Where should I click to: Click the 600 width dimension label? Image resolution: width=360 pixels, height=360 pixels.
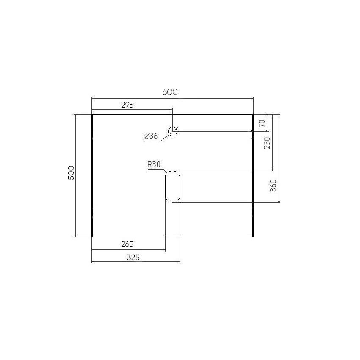(x=170, y=92)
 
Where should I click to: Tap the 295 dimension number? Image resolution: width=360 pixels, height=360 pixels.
(x=127, y=105)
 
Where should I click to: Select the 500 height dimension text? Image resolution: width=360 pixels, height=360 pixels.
(x=72, y=173)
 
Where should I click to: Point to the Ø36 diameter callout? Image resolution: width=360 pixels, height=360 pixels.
(x=151, y=136)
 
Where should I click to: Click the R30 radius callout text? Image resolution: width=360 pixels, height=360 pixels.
(x=154, y=164)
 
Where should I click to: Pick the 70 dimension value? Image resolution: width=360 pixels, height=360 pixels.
(x=262, y=123)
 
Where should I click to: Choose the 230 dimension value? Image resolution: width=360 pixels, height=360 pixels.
(x=267, y=143)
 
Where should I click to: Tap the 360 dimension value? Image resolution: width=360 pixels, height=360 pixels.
(x=274, y=186)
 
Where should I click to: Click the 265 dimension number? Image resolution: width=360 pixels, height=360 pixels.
(x=127, y=244)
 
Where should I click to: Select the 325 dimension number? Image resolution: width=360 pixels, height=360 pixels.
(x=133, y=258)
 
